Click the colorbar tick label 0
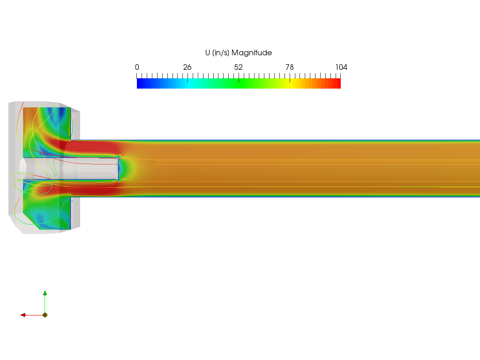pyautogui.click(x=137, y=67)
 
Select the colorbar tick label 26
pyautogui.click(x=187, y=67)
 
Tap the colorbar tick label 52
pyautogui.click(x=239, y=67)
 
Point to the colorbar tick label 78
pyautogui.click(x=290, y=67)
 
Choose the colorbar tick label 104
pyautogui.click(x=341, y=67)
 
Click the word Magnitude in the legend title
pyautogui.click(x=252, y=52)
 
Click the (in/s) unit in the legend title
pyautogui.click(x=220, y=52)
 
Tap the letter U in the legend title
pyautogui.click(x=208, y=52)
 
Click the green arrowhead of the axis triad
pyautogui.click(x=45, y=293)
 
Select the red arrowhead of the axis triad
pyautogui.click(x=23, y=315)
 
